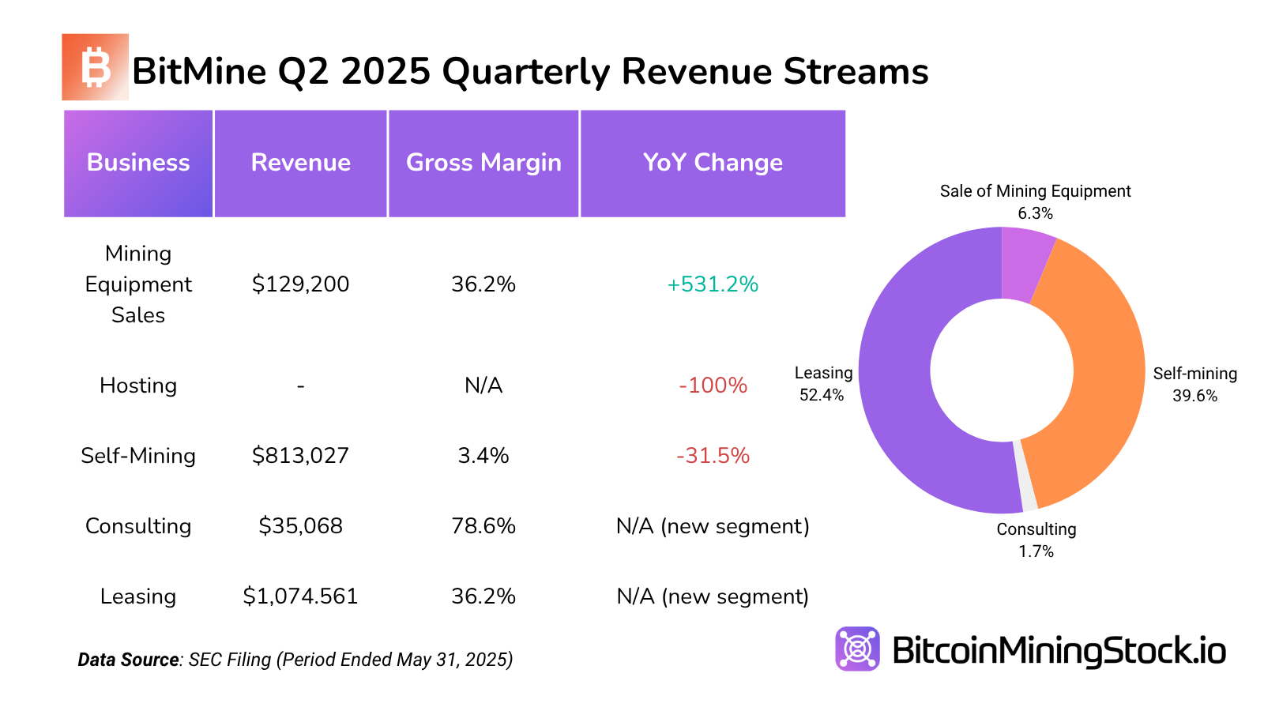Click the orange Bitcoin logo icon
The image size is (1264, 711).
(95, 67)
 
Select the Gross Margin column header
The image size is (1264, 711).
(483, 163)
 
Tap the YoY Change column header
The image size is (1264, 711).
(713, 163)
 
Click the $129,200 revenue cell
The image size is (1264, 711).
(300, 284)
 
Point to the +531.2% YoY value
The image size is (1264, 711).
(713, 284)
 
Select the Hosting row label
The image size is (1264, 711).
(138, 386)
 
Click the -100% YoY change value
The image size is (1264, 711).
(713, 386)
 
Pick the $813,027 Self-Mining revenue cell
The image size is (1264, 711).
(300, 456)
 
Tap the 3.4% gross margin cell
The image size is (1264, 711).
(483, 456)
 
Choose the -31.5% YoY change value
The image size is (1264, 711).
(713, 456)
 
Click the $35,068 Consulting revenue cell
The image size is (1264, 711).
(300, 526)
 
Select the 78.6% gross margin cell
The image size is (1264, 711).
(483, 526)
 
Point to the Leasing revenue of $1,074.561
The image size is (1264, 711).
(300, 596)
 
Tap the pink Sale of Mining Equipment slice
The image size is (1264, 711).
(1025, 265)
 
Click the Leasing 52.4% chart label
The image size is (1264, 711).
(823, 384)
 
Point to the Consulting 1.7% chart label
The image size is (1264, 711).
(1036, 540)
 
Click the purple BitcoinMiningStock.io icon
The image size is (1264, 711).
(857, 649)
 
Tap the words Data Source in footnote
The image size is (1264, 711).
(128, 660)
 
